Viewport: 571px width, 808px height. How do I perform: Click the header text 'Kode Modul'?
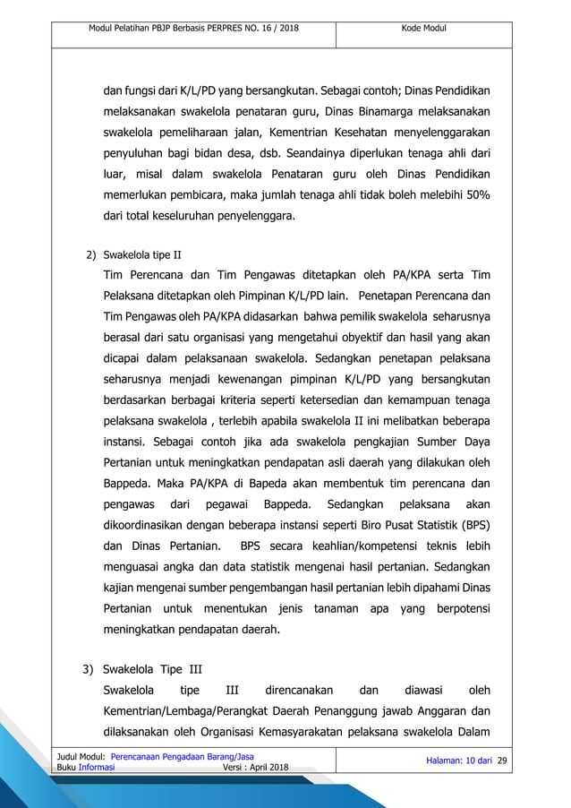pos(424,29)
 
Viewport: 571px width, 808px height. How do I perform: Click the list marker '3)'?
pos(89,668)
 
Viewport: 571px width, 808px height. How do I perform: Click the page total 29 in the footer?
pos(501,761)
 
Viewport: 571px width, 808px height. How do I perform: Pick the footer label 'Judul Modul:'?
pos(79,757)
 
